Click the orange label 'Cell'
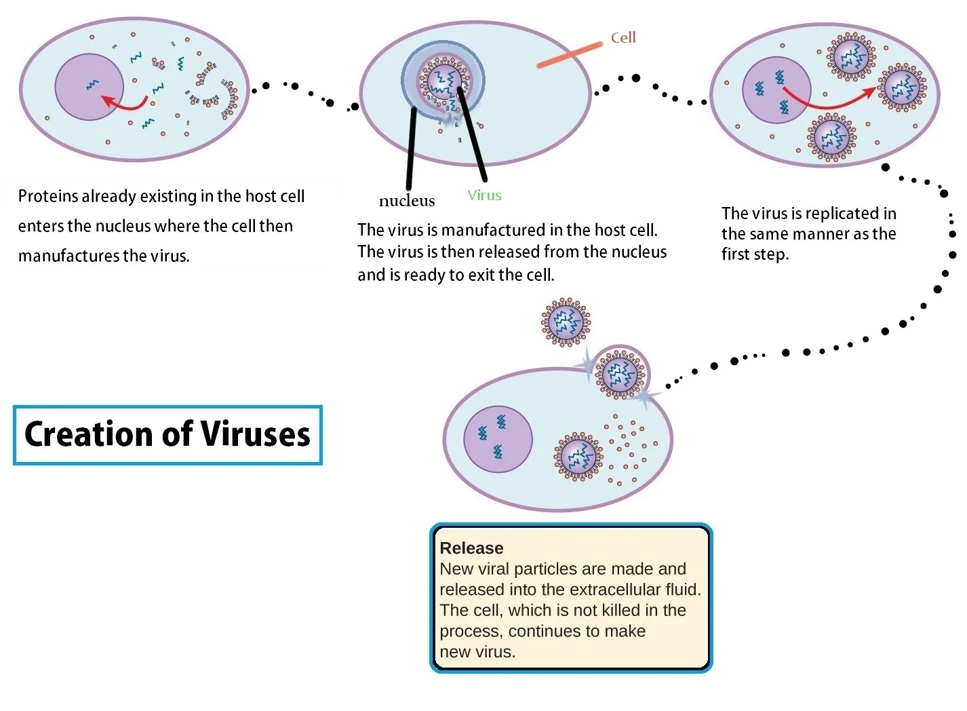click(x=623, y=37)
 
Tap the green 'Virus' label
click(x=484, y=195)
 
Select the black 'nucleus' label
click(x=407, y=201)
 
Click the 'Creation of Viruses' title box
click(x=167, y=435)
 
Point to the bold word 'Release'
click(x=471, y=548)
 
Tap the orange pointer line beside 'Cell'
click(x=570, y=55)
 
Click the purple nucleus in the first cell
click(x=89, y=87)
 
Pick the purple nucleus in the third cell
click(x=776, y=90)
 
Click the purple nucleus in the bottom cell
click(x=498, y=440)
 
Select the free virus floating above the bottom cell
click(x=566, y=322)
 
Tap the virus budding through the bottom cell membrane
click(x=620, y=373)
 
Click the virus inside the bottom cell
click(x=578, y=456)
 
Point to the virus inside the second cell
click(x=443, y=80)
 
